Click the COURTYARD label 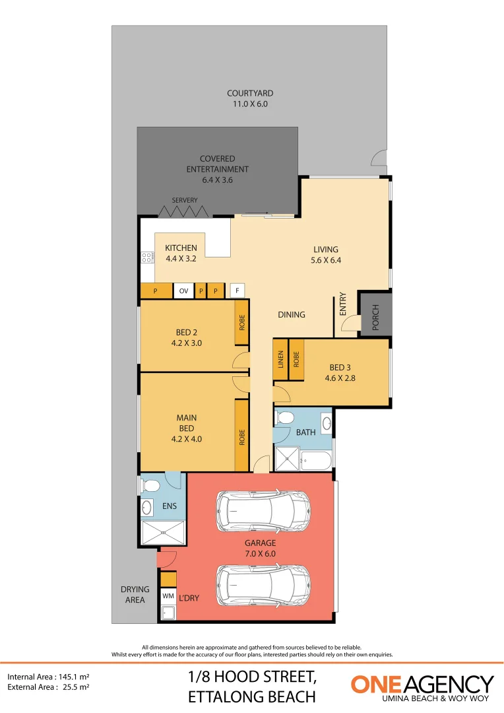click(x=250, y=94)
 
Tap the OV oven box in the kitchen click(x=183, y=291)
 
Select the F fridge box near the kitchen click(x=236, y=290)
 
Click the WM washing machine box click(x=168, y=596)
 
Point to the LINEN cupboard click(x=280, y=360)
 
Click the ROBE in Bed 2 click(x=242, y=322)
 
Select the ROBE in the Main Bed click(x=242, y=436)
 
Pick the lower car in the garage click(x=264, y=585)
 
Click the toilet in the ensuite click(x=150, y=487)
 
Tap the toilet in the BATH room click(x=286, y=418)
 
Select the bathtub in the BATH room click(x=315, y=459)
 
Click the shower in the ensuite click(x=162, y=532)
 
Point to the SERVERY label click(x=185, y=201)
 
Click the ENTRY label click(x=342, y=304)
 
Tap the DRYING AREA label click(x=135, y=594)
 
